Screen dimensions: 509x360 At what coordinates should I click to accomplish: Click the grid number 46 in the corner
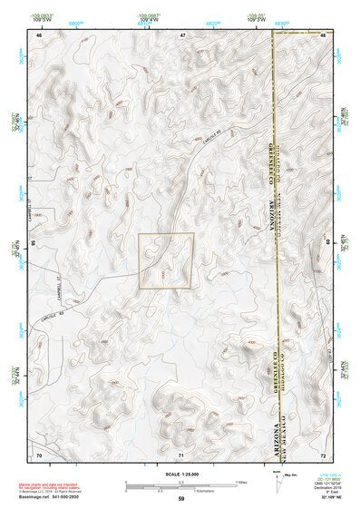(x=39, y=34)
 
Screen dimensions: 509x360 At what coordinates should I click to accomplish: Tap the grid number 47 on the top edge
(x=181, y=34)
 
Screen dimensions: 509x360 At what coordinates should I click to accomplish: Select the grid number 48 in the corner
(x=323, y=34)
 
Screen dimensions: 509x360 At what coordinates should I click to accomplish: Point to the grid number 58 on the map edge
(x=34, y=243)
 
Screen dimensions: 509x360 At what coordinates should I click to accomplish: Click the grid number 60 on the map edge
(x=327, y=243)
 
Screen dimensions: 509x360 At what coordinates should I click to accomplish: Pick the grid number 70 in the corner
(x=39, y=453)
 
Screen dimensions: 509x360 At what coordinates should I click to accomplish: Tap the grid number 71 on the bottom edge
(x=181, y=453)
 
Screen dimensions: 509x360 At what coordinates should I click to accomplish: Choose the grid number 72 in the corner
(x=323, y=453)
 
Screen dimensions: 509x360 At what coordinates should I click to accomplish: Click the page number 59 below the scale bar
(x=181, y=498)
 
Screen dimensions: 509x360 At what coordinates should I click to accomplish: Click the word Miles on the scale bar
(x=241, y=481)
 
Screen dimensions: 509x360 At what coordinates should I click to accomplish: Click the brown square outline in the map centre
(x=166, y=260)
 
